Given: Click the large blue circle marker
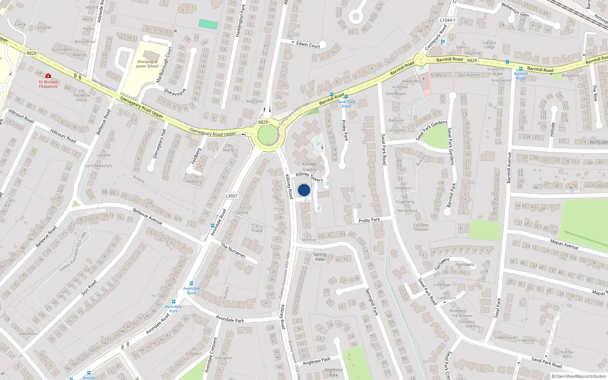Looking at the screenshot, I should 304,190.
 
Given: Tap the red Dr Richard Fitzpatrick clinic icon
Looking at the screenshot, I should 48,76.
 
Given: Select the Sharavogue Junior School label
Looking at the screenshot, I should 147,64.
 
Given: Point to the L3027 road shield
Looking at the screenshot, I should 231,196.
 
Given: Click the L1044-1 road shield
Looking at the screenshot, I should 447,20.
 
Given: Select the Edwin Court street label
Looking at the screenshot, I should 308,45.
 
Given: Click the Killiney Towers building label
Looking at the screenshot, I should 309,167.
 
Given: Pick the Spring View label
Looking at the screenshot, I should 320,257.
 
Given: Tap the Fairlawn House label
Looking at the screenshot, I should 421,227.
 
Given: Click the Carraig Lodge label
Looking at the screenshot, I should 489,45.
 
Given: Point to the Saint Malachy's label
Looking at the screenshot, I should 98,166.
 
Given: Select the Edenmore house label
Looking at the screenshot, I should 28,334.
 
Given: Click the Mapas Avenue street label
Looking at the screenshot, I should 564,244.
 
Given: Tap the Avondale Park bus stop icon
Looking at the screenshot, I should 174,302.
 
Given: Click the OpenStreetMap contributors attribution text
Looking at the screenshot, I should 578,377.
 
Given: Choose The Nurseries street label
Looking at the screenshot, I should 233,251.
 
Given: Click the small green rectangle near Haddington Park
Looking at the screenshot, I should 208,24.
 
